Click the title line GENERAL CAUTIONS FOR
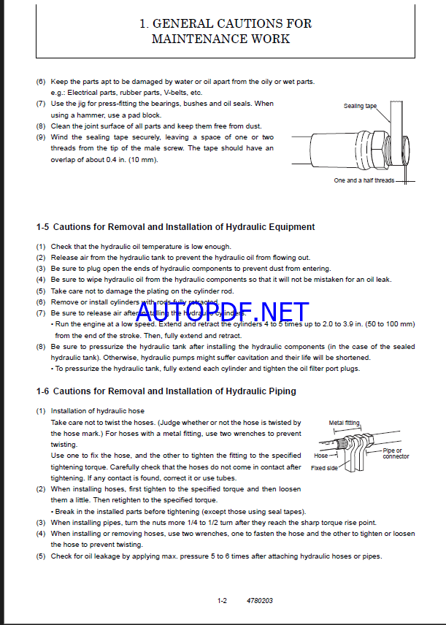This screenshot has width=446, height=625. tap(225, 23)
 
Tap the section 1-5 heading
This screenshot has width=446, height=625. tap(175, 227)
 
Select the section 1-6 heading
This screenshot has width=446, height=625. tap(166, 391)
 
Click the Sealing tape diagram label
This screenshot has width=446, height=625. tap(360, 106)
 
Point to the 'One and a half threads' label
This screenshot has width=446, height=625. tap(364, 180)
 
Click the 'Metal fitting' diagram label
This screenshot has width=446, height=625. tap(344, 423)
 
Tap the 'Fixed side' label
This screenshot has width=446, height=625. tap(324, 468)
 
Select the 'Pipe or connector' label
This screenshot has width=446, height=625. tap(396, 453)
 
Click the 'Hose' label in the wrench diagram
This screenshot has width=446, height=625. tap(320, 456)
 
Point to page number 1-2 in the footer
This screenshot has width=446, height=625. tap(222, 601)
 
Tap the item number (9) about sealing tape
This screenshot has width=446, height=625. tap(41, 137)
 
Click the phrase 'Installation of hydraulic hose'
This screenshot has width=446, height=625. tap(98, 411)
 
